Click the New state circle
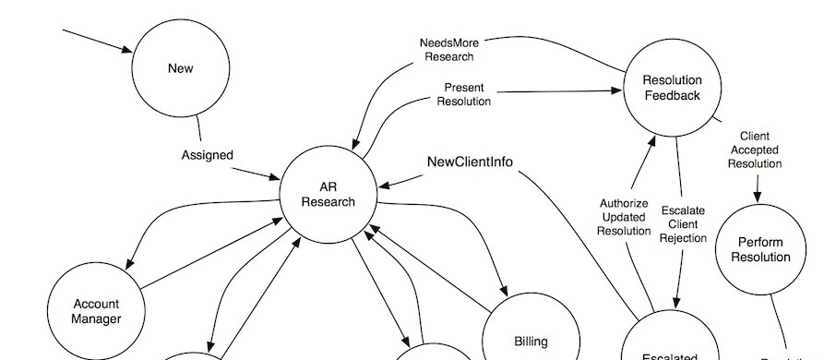[x=180, y=69]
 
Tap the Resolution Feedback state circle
[x=672, y=88]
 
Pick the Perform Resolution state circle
[x=760, y=249]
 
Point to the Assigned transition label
[x=207, y=155]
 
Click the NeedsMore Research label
[x=448, y=49]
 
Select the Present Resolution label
[x=464, y=94]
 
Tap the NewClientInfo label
[x=470, y=162]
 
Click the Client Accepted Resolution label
[x=754, y=150]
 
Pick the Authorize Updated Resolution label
[x=624, y=217]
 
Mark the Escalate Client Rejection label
[x=683, y=224]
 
